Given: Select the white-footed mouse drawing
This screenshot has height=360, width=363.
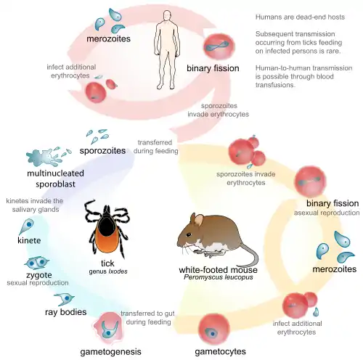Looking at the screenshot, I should (208, 236).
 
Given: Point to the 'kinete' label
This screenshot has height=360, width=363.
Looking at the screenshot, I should (25, 240).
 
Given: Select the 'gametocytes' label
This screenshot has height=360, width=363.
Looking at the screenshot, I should (219, 352).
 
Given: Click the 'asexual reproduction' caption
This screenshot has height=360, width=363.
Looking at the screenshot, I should (332, 213).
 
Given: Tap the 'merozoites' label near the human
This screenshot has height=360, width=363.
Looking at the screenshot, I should (109, 38).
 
